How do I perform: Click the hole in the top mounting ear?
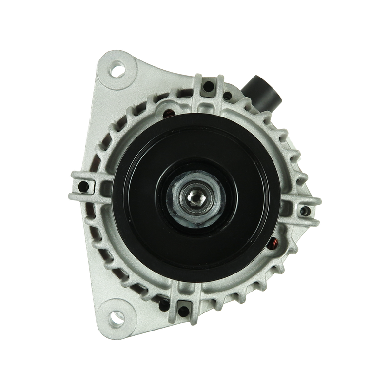coord(118,70)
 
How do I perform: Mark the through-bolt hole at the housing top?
coord(209,88)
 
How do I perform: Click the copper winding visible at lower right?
coord(275,242)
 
